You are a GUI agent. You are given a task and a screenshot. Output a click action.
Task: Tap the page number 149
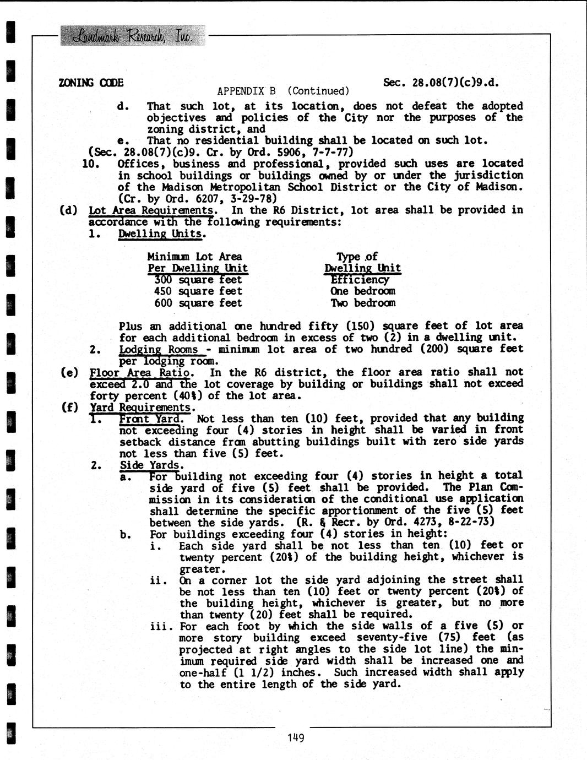[x=296, y=737]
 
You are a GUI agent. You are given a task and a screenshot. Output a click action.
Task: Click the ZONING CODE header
[x=91, y=83]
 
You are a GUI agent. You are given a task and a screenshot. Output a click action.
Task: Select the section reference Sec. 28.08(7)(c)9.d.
[x=441, y=82]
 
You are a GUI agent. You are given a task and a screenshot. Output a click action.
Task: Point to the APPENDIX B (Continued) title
[x=284, y=91]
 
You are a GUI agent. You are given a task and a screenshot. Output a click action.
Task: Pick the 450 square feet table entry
[x=198, y=291]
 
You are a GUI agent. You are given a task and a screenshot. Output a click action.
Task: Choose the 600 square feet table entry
[x=198, y=303]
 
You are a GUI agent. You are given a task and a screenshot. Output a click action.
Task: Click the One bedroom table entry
[x=363, y=291]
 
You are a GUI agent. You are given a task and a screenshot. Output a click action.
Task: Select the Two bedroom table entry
[x=363, y=303]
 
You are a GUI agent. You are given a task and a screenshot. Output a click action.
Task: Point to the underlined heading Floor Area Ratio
[x=142, y=372]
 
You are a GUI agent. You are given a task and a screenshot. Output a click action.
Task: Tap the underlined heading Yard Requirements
[x=141, y=408]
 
